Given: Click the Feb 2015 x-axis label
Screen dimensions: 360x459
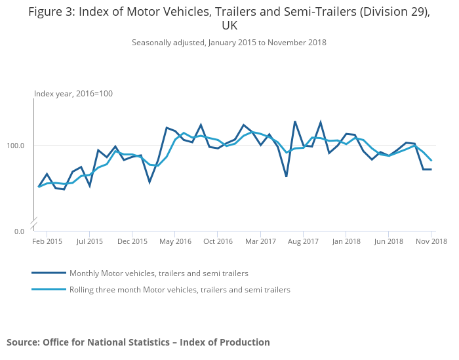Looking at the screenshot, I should click(x=47, y=241).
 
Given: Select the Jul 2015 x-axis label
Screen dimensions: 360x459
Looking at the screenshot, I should click(x=90, y=241).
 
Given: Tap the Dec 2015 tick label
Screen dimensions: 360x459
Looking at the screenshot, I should click(x=132, y=241).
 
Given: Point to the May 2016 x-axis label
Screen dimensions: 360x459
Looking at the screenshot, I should click(x=175, y=241).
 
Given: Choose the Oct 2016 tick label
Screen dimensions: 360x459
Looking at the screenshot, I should click(x=218, y=241).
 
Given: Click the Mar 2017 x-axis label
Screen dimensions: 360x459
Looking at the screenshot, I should click(x=260, y=241).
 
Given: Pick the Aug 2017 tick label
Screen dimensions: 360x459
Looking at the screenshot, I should click(x=303, y=241).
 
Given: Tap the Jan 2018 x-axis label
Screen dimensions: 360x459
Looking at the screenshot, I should click(x=346, y=241).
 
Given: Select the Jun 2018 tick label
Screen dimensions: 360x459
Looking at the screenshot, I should click(x=388, y=241).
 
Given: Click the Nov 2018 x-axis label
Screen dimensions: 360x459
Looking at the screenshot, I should click(x=431, y=241).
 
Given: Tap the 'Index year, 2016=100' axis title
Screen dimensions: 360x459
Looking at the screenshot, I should click(x=73, y=94).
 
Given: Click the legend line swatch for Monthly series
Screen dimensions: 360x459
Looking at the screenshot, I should click(x=49, y=273).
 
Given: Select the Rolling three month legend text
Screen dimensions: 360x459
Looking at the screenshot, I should click(x=180, y=289).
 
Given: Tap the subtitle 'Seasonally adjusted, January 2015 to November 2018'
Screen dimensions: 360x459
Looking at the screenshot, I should click(x=229, y=43).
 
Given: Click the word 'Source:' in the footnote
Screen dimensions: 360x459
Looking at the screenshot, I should click(x=23, y=342).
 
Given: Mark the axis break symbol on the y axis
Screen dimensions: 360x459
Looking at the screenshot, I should click(x=33, y=221).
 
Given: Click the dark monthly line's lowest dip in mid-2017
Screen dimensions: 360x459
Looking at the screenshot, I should click(x=287, y=176).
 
